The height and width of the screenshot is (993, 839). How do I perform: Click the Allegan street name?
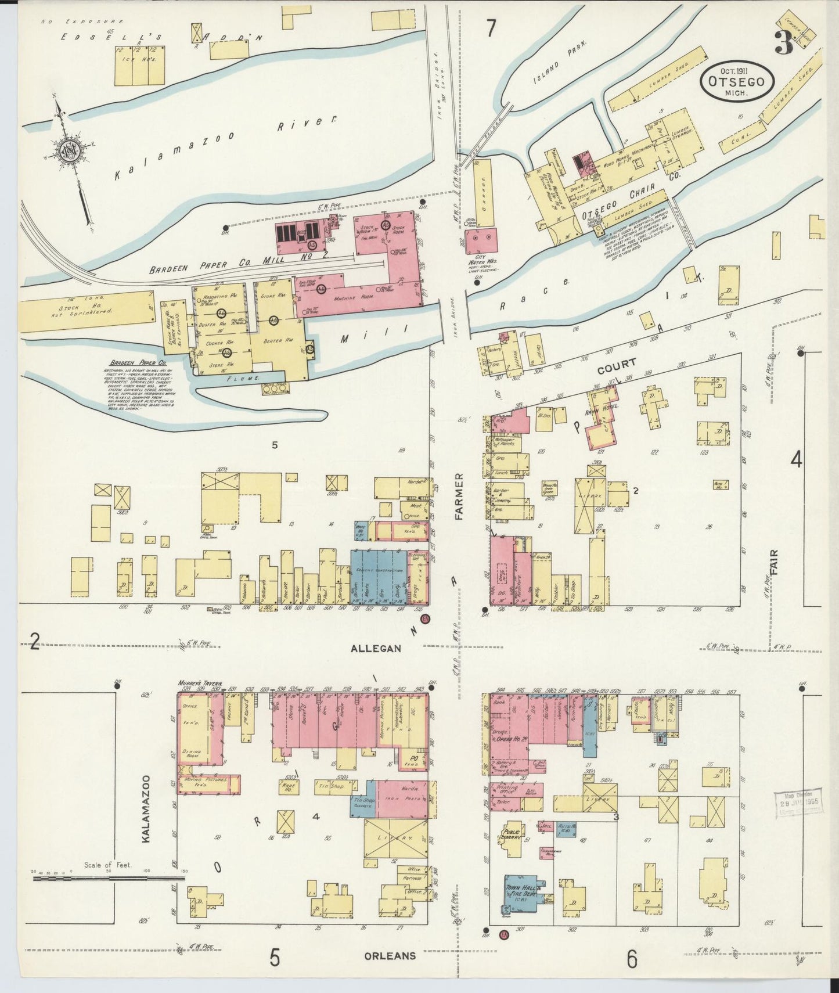[376, 648]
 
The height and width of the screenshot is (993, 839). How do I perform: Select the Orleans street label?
[390, 955]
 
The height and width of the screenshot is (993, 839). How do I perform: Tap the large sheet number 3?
[787, 42]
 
